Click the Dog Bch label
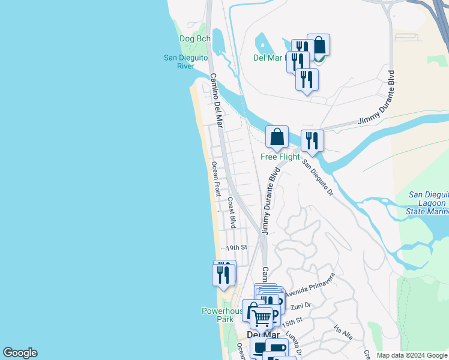195,39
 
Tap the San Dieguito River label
186,62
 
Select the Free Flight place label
280,157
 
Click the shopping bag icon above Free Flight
277,137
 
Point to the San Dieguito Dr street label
317,177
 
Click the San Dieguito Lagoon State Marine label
428,203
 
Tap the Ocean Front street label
215,179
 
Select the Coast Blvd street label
231,213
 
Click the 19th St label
237,247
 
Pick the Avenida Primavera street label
309,287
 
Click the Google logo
20,353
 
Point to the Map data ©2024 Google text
412,355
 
